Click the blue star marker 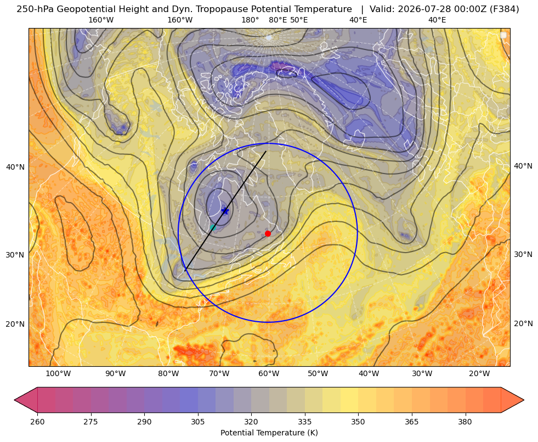click(225, 210)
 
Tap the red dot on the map click(268, 233)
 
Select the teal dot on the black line click(213, 227)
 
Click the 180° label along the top click(250, 20)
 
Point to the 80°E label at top click(278, 20)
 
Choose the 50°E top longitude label click(299, 20)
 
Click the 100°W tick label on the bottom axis click(58, 373)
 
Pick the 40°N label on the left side click(15, 167)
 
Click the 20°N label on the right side click(523, 323)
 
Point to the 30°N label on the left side click(15, 255)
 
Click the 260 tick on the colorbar click(37, 422)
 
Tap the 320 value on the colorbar click(251, 422)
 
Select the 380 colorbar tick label click(465, 422)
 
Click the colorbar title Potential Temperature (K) click(269, 433)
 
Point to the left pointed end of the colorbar click(14, 400)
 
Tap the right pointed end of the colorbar click(524, 400)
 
